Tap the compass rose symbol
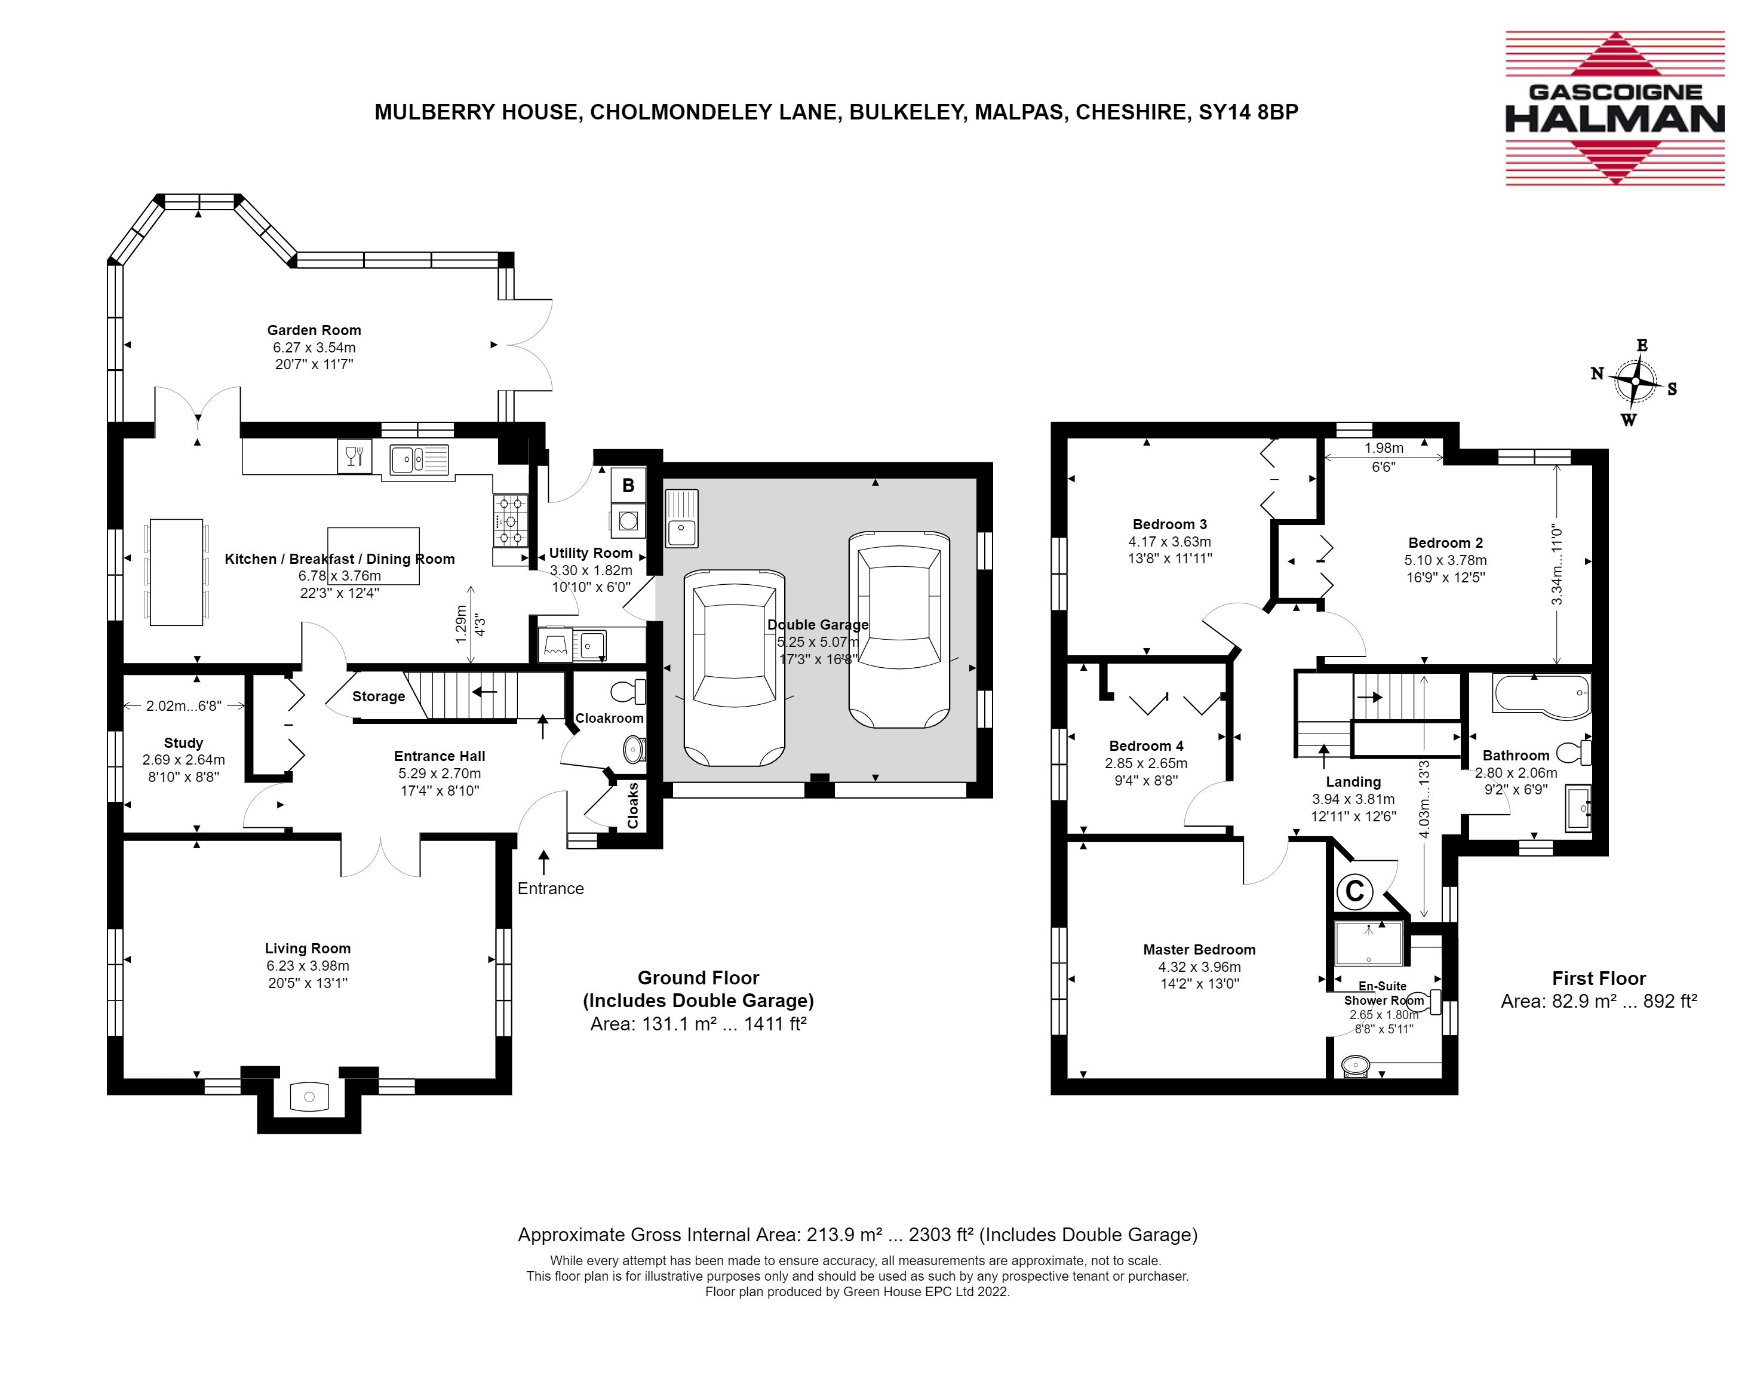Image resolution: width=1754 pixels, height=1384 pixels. [1635, 382]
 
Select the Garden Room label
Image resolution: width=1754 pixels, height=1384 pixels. [314, 330]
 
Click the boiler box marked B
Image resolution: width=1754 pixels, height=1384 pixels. [628, 486]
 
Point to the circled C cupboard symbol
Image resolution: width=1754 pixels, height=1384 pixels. [1354, 891]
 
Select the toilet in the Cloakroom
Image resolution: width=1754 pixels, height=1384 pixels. [629, 692]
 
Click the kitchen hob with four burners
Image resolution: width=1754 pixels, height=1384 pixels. [511, 520]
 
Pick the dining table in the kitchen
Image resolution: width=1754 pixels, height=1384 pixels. [177, 572]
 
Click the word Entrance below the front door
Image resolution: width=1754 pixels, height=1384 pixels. [551, 888]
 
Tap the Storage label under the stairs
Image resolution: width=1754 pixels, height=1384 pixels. [379, 696]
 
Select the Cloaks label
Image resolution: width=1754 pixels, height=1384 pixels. [632, 805]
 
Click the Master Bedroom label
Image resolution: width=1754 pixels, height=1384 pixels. [1199, 949]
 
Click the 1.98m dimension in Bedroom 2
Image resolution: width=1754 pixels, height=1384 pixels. [1384, 447]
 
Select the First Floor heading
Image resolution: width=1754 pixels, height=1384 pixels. [1599, 978]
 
